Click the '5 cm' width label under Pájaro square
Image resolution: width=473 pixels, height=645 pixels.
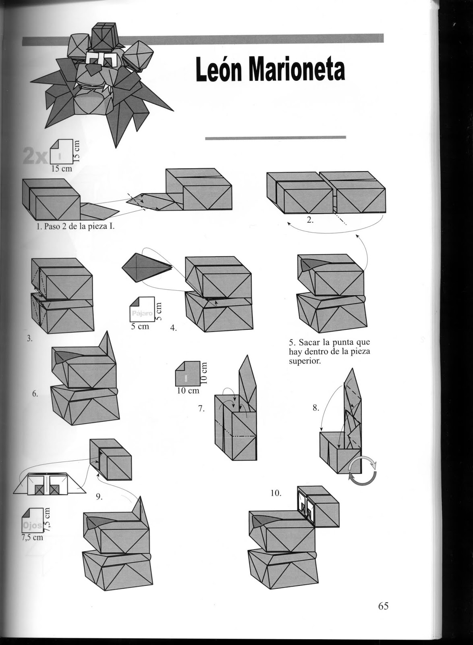[140, 327]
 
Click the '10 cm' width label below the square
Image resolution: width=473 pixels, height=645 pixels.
[188, 390]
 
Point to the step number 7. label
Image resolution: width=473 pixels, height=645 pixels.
[201, 409]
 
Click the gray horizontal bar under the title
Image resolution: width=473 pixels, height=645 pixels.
[275, 137]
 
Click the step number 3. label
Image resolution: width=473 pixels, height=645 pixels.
[29, 339]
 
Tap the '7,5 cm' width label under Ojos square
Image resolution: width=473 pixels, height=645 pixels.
[32, 537]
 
